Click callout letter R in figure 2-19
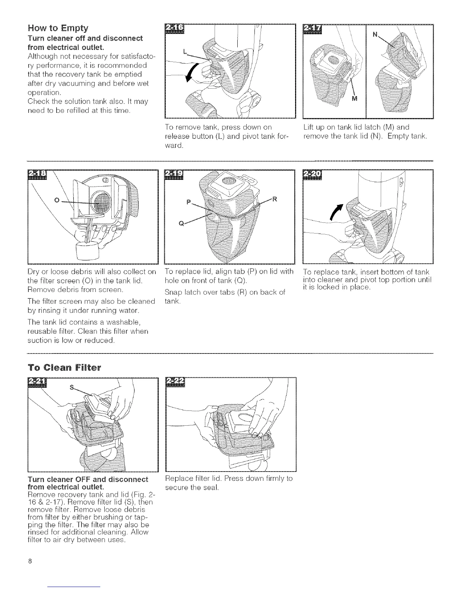275,199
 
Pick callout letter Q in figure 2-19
182,223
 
